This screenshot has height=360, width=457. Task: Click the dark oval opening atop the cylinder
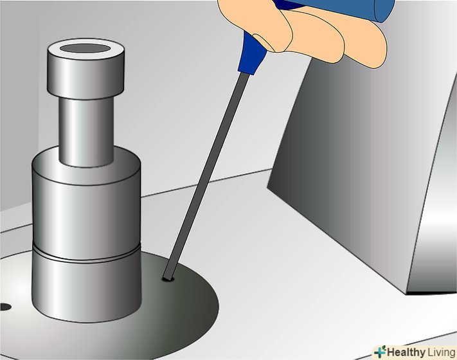point(85,48)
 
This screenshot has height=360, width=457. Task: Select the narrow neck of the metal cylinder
point(86,131)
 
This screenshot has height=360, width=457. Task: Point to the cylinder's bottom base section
point(87,289)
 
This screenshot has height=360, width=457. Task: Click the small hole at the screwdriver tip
point(168,279)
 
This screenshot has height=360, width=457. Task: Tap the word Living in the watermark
point(442,352)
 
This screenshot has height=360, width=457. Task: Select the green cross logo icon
point(380,352)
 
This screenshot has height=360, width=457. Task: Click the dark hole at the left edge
point(5,307)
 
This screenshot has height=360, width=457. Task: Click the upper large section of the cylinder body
point(86,204)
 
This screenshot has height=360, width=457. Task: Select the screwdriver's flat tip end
point(168,276)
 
